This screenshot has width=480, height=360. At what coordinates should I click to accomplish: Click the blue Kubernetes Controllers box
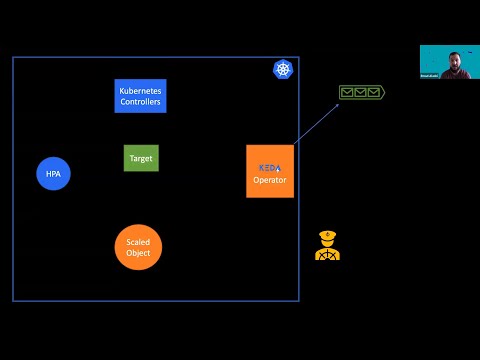coord(140,96)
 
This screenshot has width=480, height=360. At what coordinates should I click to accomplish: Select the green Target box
coord(141,158)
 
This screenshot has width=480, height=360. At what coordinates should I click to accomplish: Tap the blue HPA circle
coord(53,174)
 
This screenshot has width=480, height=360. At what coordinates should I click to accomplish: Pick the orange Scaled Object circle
coord(138,247)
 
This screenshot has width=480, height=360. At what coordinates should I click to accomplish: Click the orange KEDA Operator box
coord(270,171)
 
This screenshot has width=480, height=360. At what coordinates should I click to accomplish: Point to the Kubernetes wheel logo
coord(282,69)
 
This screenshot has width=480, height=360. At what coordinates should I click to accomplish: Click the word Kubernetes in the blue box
coord(140,91)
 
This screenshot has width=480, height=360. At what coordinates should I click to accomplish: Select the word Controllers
coord(140,102)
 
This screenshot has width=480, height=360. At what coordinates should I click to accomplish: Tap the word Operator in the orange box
coord(270,180)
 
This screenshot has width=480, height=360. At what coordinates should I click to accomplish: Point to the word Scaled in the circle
coord(138,242)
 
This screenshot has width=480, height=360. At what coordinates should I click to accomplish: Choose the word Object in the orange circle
coord(138,253)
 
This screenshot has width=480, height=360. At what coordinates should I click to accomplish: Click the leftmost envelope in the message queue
coord(347,92)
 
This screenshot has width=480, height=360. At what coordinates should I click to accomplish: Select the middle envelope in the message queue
coord(360,92)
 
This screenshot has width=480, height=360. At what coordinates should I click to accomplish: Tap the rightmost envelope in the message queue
coord(373,92)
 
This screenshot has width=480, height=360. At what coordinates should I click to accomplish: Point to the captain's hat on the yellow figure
coord(327,234)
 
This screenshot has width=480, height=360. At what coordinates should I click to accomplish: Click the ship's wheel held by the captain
coord(327,253)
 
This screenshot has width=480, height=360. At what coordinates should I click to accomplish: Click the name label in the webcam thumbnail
coord(431,75)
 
